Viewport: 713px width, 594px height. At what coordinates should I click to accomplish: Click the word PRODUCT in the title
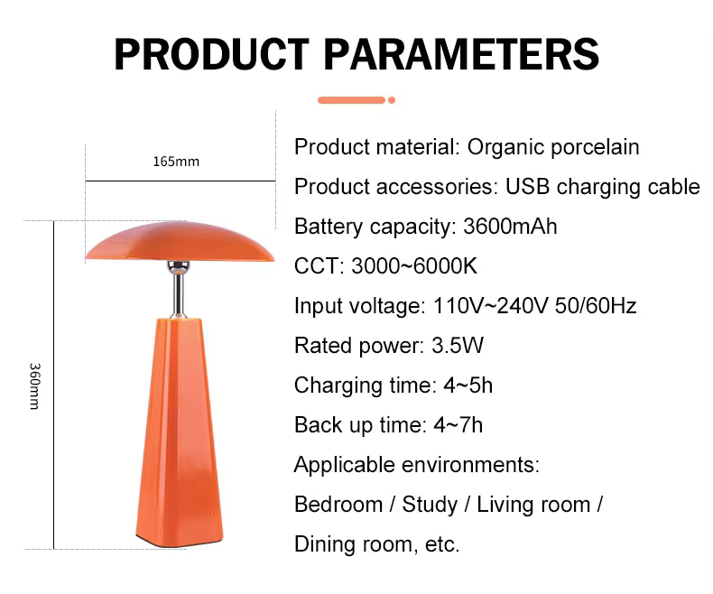pos(211,54)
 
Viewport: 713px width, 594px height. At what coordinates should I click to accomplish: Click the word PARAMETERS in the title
pos(461,54)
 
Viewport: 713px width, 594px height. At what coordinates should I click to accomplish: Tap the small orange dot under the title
pos(392,100)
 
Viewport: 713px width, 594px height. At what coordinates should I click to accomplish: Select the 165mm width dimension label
pos(176,162)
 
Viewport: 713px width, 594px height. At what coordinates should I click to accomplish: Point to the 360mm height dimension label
pos(34,386)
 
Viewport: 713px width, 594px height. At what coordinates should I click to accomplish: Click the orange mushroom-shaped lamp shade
pos(181,242)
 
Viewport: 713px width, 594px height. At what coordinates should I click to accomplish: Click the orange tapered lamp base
pos(180,432)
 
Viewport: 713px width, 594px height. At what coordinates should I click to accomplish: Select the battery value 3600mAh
pos(510,227)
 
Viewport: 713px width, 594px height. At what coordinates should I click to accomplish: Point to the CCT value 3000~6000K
pos(414,266)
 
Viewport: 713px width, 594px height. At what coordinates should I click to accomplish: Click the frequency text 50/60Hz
pos(596,306)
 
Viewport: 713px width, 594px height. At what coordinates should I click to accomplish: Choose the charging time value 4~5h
pos(468,385)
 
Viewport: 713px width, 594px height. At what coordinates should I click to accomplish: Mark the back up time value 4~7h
pos(458,425)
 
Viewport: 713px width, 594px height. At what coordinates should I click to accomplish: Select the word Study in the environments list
pos(430,506)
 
